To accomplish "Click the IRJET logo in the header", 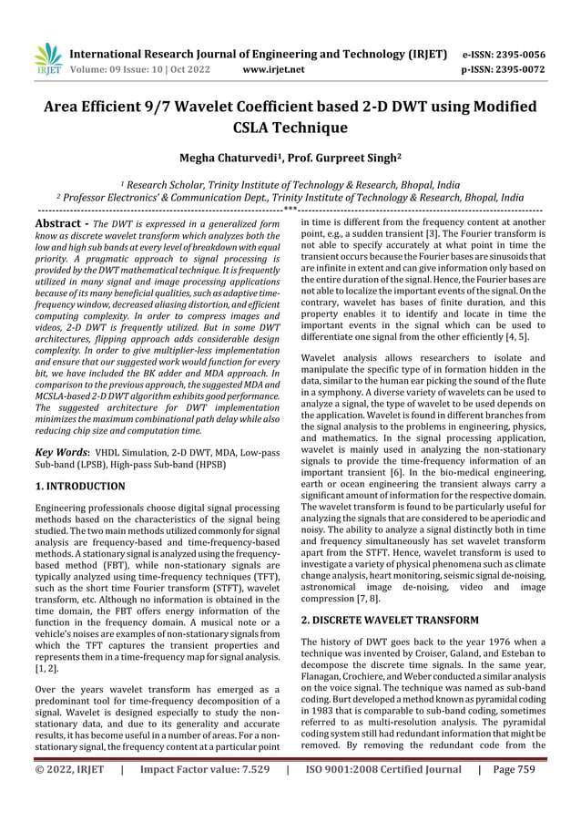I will pyautogui.click(x=46, y=57).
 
